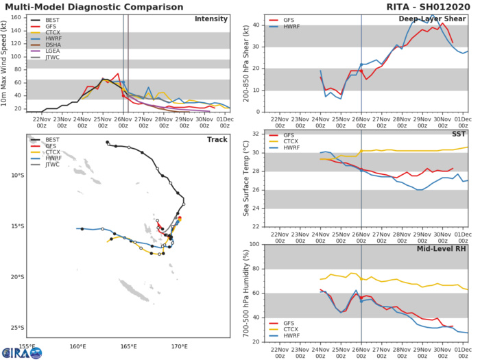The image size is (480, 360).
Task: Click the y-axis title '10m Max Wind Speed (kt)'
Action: (5, 63)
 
